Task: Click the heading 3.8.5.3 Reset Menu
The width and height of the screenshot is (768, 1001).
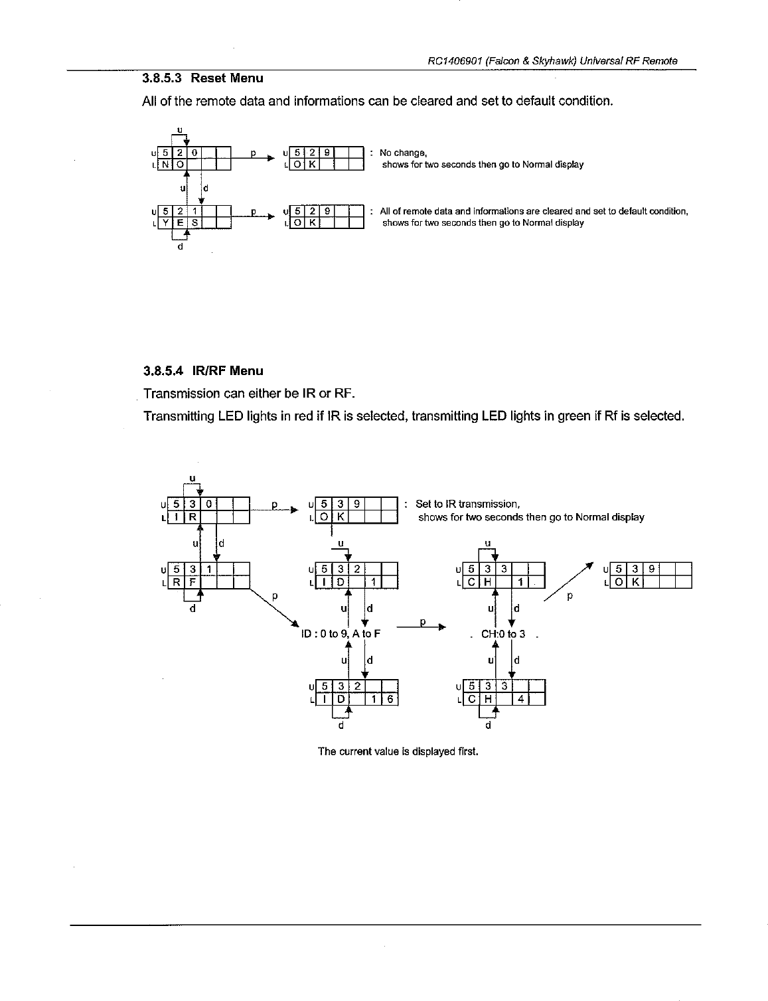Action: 202,78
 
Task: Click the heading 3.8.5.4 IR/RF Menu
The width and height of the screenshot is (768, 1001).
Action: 202,371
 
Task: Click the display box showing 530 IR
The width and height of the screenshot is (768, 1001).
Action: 208,510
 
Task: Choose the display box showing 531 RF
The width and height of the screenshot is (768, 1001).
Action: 208,576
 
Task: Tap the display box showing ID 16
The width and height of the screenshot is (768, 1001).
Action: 356,692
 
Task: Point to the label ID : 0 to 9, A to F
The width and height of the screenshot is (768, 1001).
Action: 341,633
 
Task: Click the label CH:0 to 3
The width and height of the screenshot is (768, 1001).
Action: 503,633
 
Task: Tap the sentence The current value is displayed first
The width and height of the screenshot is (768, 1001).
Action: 398,751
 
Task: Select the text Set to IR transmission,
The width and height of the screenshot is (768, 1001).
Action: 467,504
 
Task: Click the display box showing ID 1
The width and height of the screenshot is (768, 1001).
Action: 356,576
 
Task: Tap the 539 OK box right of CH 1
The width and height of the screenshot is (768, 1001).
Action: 651,576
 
